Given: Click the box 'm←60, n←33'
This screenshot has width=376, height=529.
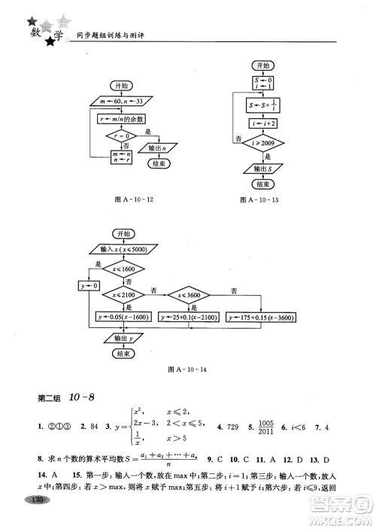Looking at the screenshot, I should (120, 101).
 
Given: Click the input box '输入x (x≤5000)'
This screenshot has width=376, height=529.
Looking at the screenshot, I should (123, 249).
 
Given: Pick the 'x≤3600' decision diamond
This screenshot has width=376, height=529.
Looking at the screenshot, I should (191, 294).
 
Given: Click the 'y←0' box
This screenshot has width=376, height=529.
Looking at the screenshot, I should (89, 286).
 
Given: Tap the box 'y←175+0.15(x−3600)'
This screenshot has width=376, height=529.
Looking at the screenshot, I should (261, 318).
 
